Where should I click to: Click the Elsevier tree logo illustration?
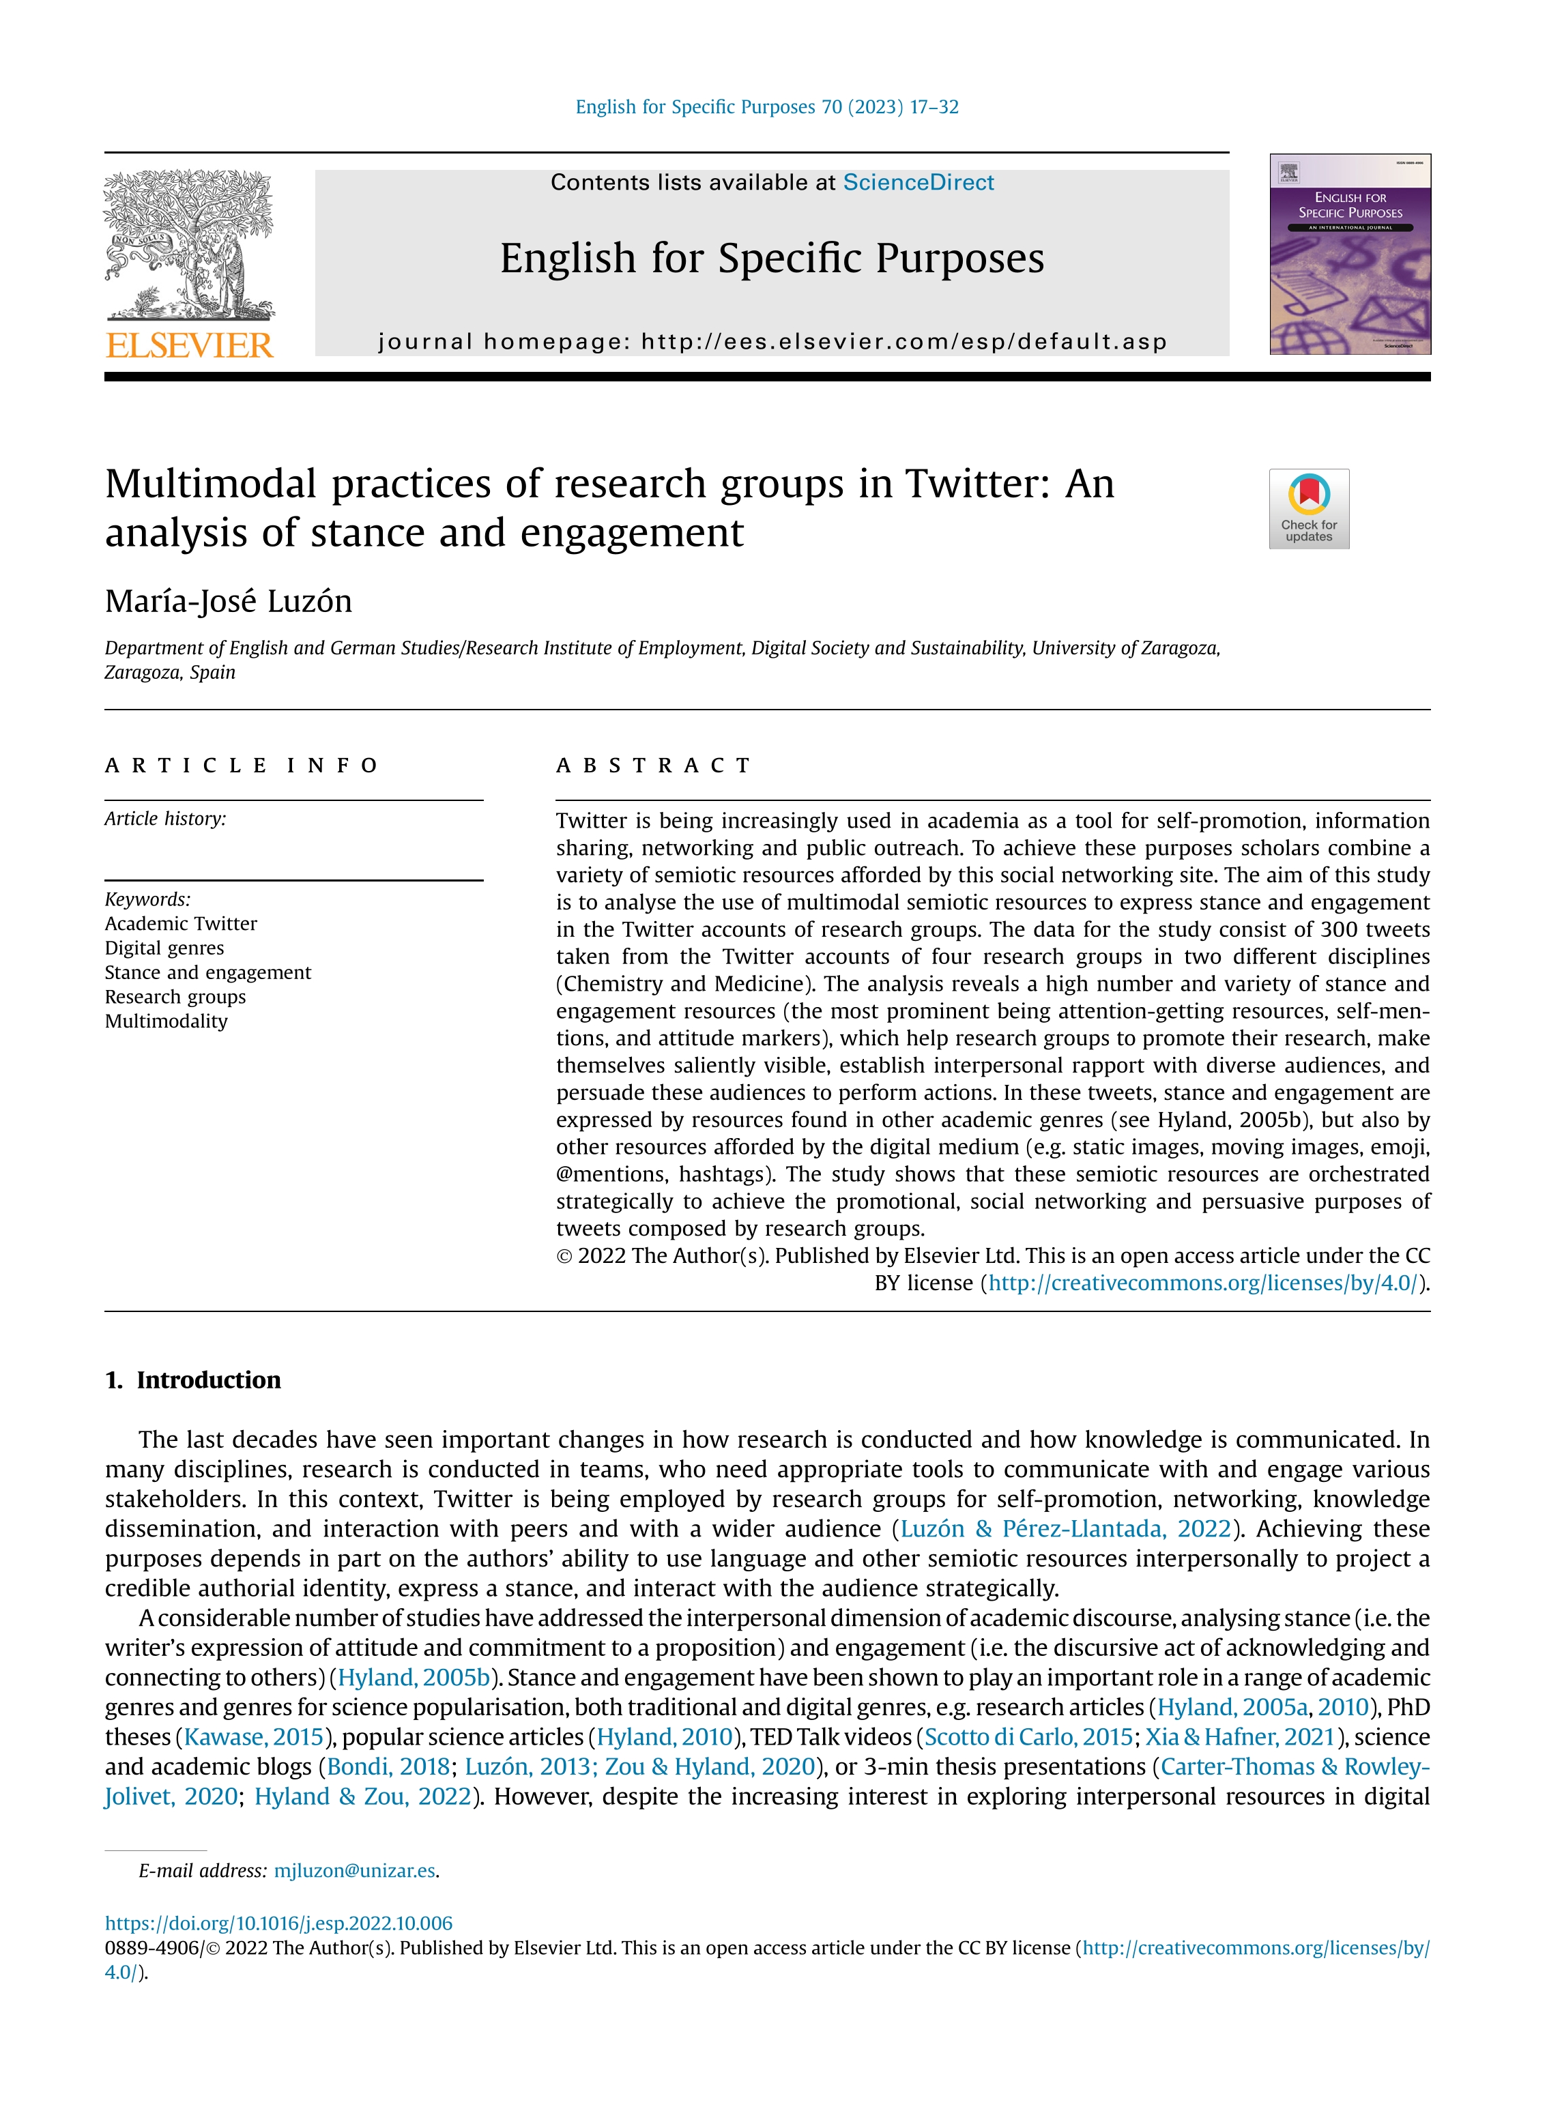point(188,245)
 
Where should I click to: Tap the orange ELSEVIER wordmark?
point(189,345)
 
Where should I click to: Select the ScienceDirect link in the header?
point(918,183)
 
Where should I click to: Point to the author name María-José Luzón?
point(229,601)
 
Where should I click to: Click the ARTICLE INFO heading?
point(242,766)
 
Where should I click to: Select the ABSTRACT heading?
point(654,766)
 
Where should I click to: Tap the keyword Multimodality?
point(167,1021)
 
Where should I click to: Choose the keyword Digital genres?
point(165,948)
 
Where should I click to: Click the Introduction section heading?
point(208,1380)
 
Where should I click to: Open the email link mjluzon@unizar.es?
point(354,1870)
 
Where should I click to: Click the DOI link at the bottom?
point(278,1923)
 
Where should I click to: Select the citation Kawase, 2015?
point(254,1736)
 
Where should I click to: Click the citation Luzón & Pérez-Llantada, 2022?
point(1065,1529)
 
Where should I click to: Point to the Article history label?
point(166,819)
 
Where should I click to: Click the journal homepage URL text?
point(903,342)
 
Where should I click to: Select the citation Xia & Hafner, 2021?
point(1240,1736)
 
